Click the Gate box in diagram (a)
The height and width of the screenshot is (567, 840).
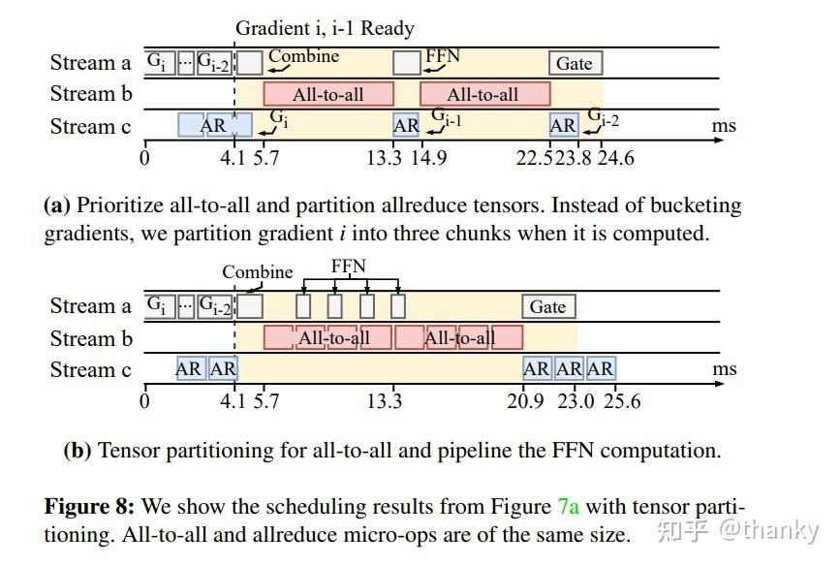pos(575,63)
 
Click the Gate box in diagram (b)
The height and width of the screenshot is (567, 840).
pos(547,307)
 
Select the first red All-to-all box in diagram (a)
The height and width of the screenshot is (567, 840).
pos(328,94)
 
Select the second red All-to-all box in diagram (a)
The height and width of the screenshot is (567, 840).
pos(483,94)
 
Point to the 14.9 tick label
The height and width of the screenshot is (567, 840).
pos(427,157)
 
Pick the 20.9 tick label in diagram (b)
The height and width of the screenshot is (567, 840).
pos(525,401)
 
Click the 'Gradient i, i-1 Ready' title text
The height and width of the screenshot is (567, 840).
pos(325,28)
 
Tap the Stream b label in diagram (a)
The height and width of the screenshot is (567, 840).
pos(90,94)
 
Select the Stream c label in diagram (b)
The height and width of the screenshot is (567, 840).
pos(90,370)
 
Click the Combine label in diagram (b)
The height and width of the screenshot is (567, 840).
pos(257,271)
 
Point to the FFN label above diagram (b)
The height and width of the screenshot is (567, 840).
pos(349,266)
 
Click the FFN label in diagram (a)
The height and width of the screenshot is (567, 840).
pos(443,56)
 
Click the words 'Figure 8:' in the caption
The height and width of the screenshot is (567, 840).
pos(89,507)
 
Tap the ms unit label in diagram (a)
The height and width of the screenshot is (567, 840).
pos(724,126)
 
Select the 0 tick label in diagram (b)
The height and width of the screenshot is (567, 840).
pos(145,401)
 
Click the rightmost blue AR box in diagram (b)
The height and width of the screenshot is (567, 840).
pos(600,369)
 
